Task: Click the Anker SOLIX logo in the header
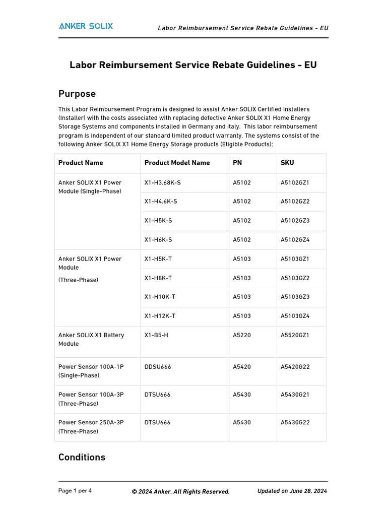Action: pyautogui.click(x=86, y=26)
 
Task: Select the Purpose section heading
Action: pyautogui.click(x=77, y=94)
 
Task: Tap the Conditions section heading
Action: pyautogui.click(x=82, y=457)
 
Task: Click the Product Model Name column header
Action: pyautogui.click(x=177, y=163)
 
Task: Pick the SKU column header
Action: pyautogui.click(x=287, y=163)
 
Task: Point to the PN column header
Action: pyautogui.click(x=237, y=163)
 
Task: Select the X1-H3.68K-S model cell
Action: pyautogui.click(x=162, y=182)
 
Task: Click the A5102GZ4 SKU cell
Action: pyautogui.click(x=295, y=240)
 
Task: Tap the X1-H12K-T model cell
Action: pyautogui.click(x=160, y=316)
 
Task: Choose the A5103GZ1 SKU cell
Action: pyautogui.click(x=295, y=259)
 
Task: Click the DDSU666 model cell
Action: pyautogui.click(x=158, y=367)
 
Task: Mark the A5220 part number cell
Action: pyautogui.click(x=241, y=335)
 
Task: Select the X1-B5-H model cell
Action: pyautogui.click(x=156, y=335)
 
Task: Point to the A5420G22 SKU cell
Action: pyautogui.click(x=295, y=367)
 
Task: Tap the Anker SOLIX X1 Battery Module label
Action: pyautogui.click(x=91, y=339)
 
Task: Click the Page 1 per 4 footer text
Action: pyautogui.click(x=75, y=491)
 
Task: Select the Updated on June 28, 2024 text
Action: pyautogui.click(x=292, y=491)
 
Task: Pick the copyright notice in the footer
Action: pyautogui.click(x=180, y=492)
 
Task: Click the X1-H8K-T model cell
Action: pyautogui.click(x=158, y=278)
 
